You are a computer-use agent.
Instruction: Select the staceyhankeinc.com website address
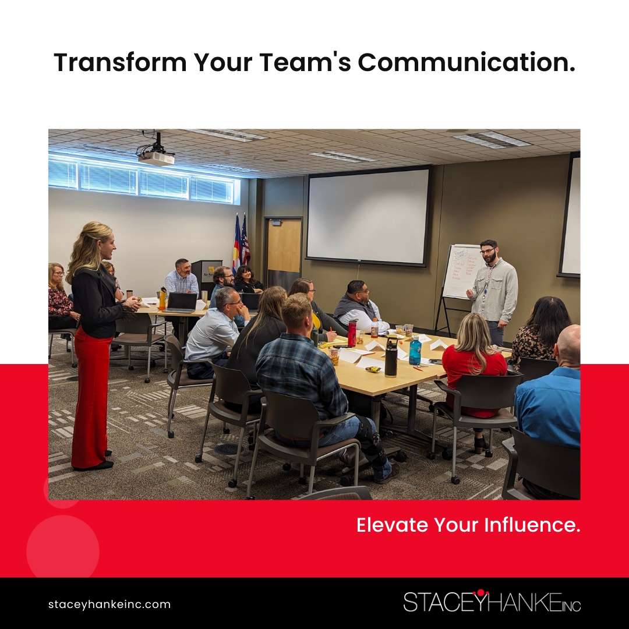click(x=109, y=605)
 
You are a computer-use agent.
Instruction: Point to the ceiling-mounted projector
click(x=156, y=156)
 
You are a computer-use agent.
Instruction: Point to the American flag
click(x=245, y=240)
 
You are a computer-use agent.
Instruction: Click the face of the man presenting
click(x=489, y=252)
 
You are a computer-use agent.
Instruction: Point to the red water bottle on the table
click(x=352, y=333)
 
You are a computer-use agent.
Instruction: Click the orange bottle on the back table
click(x=162, y=299)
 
